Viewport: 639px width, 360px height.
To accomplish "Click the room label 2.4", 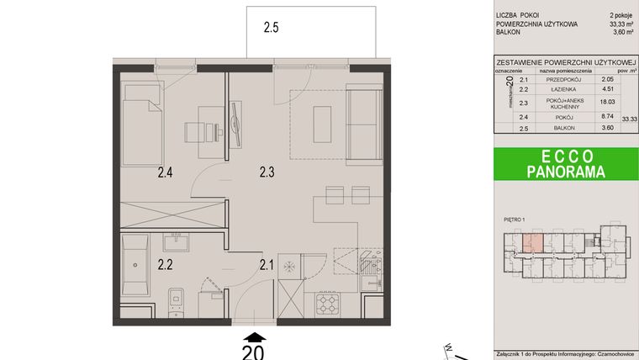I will click(165, 175).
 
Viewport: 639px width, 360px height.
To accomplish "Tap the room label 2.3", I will click(267, 175).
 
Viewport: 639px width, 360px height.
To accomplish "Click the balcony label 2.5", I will click(271, 28).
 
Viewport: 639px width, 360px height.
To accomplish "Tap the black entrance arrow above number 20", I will click(254, 336).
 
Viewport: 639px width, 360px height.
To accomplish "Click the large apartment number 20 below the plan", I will click(254, 352).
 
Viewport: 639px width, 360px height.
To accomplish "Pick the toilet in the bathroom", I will click(174, 298).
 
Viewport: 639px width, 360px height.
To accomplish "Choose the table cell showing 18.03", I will click(605, 102).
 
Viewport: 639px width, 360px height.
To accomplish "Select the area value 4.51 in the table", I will click(605, 89).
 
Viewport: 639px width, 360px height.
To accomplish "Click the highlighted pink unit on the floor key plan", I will click(532, 244).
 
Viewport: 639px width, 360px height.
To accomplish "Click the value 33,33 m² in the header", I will click(617, 25).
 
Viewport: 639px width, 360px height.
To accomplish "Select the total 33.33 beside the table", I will click(629, 120).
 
